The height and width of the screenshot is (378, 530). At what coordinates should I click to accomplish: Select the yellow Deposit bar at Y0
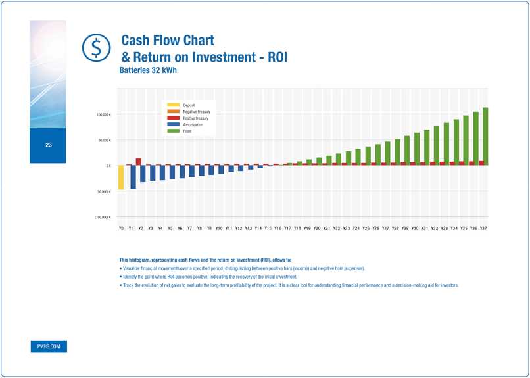[x=121, y=177]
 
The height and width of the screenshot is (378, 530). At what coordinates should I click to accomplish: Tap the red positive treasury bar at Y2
[x=139, y=161]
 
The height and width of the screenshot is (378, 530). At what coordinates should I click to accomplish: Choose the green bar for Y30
[x=417, y=148]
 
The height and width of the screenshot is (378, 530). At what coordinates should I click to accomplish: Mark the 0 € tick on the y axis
[x=108, y=166]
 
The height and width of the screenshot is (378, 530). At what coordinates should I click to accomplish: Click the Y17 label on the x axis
[x=288, y=228]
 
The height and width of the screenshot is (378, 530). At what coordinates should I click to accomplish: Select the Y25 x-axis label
[x=366, y=228]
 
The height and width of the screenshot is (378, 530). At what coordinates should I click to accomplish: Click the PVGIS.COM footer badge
[x=48, y=346]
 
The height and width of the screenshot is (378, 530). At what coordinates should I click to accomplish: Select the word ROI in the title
[x=272, y=57]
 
